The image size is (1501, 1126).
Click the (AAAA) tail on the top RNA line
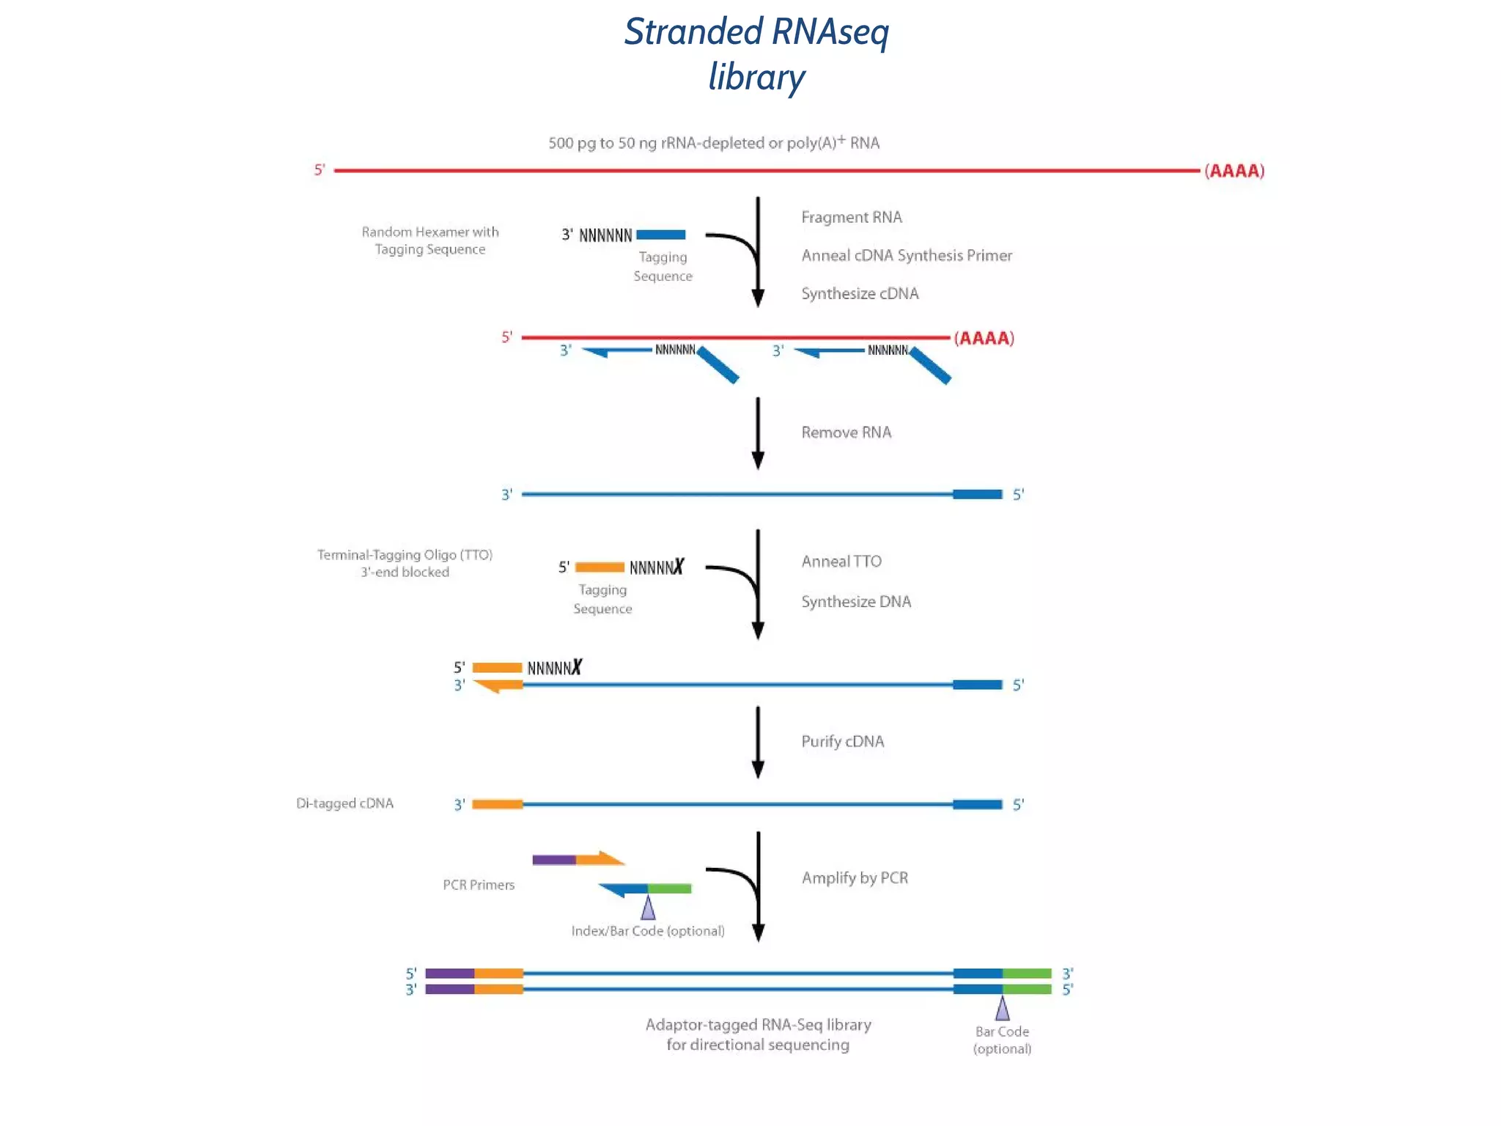click(1234, 171)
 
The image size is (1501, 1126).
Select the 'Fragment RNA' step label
click(851, 217)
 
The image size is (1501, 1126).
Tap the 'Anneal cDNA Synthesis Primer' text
click(906, 255)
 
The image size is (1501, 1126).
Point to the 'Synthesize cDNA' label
click(859, 293)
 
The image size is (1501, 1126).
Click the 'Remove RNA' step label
click(846, 433)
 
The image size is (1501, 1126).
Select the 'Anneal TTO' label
click(841, 562)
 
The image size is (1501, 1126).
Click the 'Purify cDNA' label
click(842, 741)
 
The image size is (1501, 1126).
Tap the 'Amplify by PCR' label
click(854, 877)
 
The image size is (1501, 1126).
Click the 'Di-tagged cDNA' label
click(344, 803)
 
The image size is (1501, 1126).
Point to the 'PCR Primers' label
click(479, 885)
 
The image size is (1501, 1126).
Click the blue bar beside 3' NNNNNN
click(660, 235)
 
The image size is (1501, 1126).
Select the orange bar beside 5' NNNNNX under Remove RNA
click(600, 567)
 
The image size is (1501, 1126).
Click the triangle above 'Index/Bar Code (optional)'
click(648, 908)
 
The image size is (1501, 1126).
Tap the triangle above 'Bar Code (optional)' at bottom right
click(1002, 1009)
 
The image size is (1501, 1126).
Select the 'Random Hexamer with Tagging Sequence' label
click(429, 240)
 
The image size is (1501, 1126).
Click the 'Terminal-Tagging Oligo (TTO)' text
click(405, 555)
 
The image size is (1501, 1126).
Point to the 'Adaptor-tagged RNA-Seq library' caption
click(758, 1025)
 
